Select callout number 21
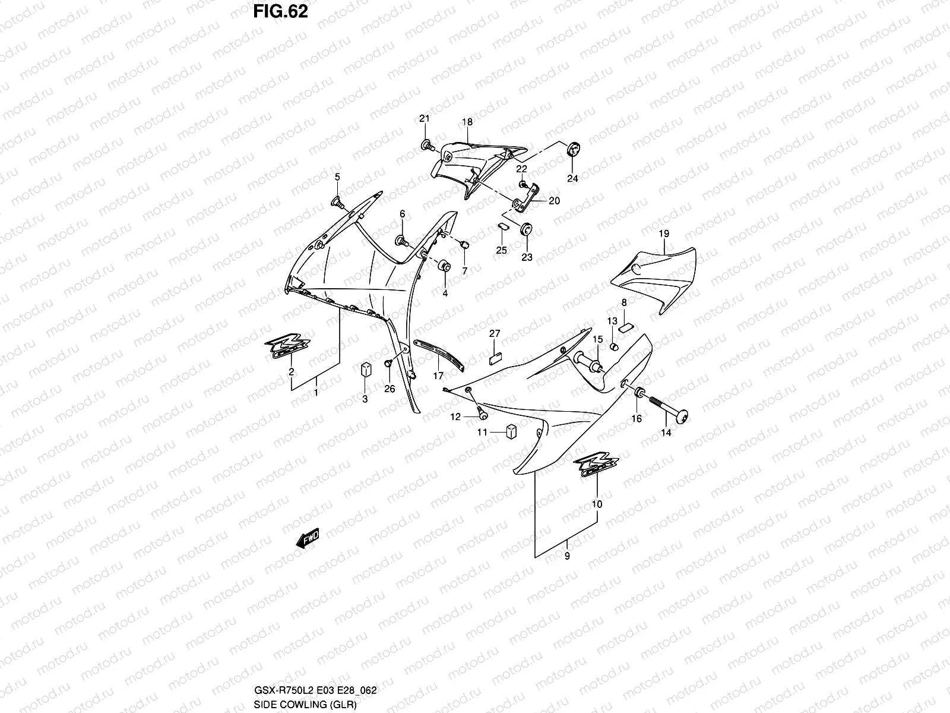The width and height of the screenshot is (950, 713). click(424, 119)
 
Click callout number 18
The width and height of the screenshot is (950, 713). click(467, 122)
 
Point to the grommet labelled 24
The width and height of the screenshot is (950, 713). click(573, 151)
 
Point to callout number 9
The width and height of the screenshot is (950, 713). click(567, 556)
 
